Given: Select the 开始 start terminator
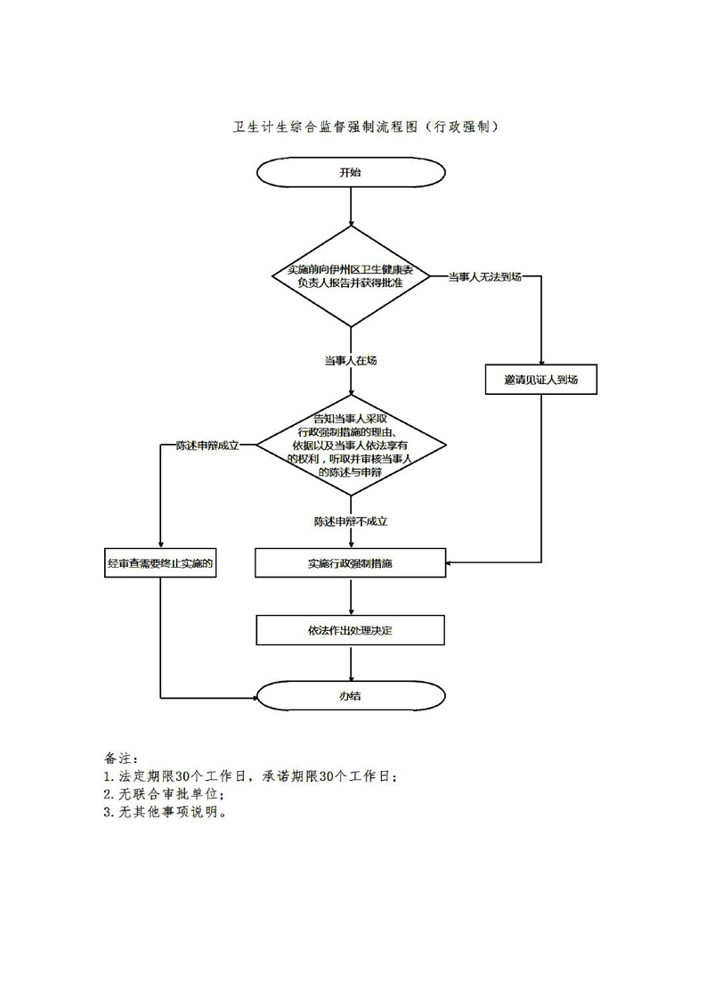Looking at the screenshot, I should coord(351,172).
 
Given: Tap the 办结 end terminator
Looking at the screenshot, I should coord(351,696).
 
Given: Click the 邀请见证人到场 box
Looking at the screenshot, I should coord(541,380).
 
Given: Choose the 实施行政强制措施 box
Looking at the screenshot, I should coord(351,562).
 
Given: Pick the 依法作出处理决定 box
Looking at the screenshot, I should coord(351,630).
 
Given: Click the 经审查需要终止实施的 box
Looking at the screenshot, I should coord(161,562).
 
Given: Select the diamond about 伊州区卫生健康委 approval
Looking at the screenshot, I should coord(351,276).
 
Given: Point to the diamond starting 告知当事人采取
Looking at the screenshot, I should coord(351,444).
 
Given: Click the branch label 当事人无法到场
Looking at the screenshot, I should coord(484,276).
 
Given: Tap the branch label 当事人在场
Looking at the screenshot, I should coord(351,360).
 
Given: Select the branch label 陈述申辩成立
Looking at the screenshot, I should coord(207,445).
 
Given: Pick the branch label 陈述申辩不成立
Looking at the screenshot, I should coord(351,520).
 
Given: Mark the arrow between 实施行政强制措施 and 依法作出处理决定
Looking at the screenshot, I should coord(352,595).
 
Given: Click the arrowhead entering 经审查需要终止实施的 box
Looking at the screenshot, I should coord(161,543).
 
